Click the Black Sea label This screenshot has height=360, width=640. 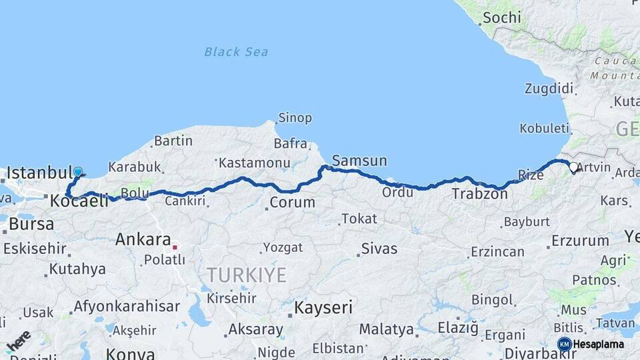tap(236, 51)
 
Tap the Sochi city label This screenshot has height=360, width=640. tap(501, 17)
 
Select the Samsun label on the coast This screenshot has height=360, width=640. tap(359, 161)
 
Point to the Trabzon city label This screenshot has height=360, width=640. tap(479, 194)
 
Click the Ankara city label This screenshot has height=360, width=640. tap(143, 239)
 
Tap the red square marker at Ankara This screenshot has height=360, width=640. tap(175, 247)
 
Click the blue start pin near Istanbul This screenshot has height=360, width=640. tap(78, 172)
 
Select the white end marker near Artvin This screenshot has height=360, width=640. tap(573, 166)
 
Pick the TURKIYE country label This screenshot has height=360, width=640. tap(246, 274)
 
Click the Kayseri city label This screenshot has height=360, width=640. tap(323, 307)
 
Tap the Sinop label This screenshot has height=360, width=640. tap(295, 118)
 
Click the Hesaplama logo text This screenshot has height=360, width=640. tap(599, 344)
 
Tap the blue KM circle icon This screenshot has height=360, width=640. tap(564, 344)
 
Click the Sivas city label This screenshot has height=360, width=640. tap(379, 249)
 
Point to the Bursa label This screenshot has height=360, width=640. tap(31, 224)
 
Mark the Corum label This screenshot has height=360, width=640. tap(292, 202)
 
